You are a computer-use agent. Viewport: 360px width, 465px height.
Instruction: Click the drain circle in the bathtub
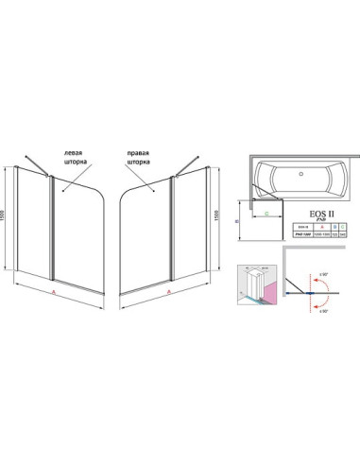pyautogui.click(x=300, y=175)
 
